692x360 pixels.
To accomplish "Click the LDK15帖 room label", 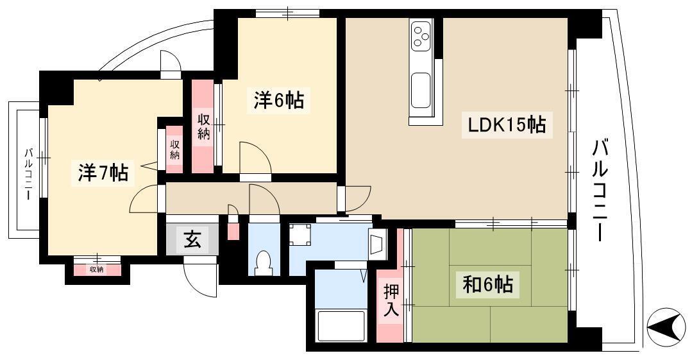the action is coord(507,125).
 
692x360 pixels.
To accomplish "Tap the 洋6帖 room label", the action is coord(278,100).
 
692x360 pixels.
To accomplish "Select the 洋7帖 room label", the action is coord(103,173).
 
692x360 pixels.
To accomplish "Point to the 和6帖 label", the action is coord(487,284).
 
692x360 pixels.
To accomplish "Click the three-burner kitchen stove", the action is coord(421,37).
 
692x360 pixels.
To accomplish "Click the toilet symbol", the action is coord(264,262).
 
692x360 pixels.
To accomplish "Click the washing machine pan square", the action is coord(301,234).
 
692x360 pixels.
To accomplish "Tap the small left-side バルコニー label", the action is coord(28,175).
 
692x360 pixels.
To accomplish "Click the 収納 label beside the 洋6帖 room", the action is coord(203,127).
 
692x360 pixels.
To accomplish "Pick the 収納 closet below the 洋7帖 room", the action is coord(97,270).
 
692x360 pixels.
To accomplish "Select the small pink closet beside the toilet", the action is coord(233,231).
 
